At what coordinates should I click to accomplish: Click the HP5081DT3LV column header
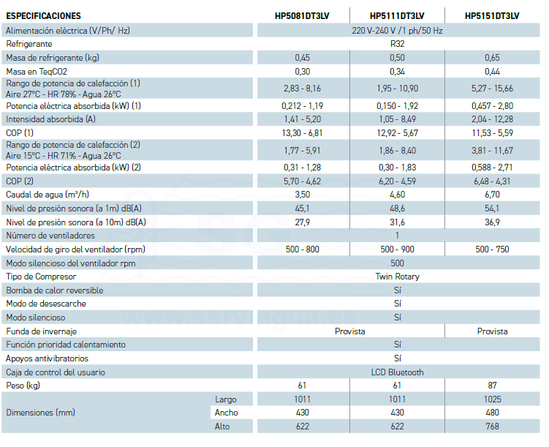[303, 15]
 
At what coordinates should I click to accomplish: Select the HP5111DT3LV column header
[397, 15]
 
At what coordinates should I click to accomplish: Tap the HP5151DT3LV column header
[492, 15]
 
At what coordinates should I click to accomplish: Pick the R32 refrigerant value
[397, 44]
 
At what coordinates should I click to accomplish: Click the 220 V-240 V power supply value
[397, 31]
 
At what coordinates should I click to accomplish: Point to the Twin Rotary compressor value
[397, 277]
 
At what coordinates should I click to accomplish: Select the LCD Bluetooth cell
[397, 372]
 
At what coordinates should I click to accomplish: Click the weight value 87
[492, 386]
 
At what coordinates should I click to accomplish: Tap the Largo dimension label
[226, 399]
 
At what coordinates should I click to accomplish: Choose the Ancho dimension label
[226, 413]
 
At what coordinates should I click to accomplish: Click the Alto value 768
[492, 427]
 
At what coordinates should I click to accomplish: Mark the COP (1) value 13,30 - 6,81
[303, 132]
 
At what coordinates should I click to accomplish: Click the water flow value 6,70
[492, 195]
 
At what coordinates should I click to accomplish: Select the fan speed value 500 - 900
[397, 249]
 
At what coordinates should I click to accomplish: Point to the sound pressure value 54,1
[492, 209]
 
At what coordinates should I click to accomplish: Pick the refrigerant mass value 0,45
[303, 58]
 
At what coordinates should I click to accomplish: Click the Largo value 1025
[492, 399]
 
